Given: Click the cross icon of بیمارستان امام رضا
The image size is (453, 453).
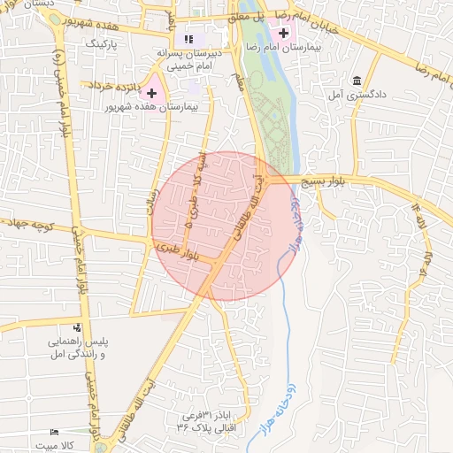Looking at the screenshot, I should coord(282,33).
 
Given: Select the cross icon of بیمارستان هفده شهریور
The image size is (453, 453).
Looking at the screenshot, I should coord(152,92).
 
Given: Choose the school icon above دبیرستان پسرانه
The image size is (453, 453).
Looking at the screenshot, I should coord(188,38).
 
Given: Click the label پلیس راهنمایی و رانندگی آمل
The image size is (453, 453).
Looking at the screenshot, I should coord(76,347).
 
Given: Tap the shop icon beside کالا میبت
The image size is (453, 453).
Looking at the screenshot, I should coord(56,433).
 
